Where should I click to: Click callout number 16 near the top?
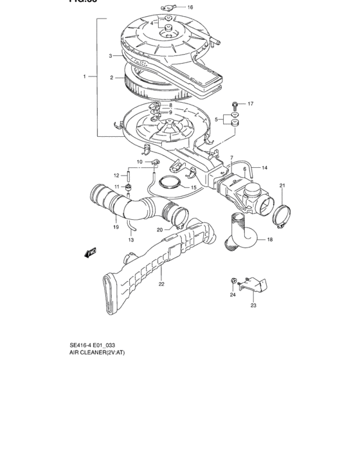(x=190, y=8)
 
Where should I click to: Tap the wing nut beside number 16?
(x=168, y=7)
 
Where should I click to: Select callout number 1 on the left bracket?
(x=84, y=76)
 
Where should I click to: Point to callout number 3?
(x=111, y=56)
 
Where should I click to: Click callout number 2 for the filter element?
(x=111, y=78)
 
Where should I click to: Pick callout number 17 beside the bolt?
(x=251, y=103)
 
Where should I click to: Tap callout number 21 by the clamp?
(x=282, y=186)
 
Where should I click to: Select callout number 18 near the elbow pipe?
(x=269, y=239)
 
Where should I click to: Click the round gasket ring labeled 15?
(x=170, y=184)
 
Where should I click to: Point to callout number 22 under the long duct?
(x=161, y=283)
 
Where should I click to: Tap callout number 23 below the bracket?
(x=253, y=305)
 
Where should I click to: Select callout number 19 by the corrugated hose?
(x=116, y=226)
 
